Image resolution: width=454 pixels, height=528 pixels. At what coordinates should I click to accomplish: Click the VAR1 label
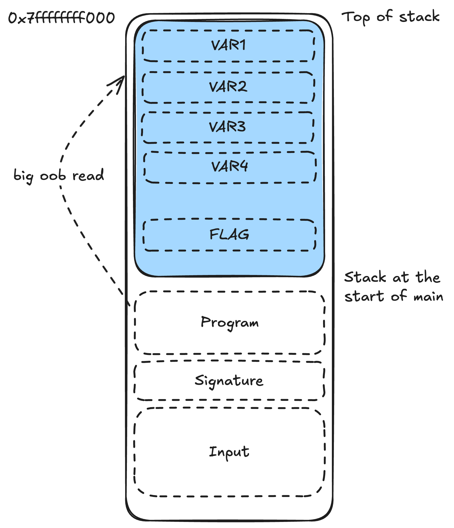[228, 45]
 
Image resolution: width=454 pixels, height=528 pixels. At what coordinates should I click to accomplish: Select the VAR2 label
[228, 87]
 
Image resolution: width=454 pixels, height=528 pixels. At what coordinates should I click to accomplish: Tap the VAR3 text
[227, 127]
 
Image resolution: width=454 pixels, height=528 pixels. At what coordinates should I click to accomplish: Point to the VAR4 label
[229, 167]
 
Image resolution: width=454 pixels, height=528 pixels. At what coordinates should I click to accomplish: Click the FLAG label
[229, 234]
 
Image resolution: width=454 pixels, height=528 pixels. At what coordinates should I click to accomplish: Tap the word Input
[229, 452]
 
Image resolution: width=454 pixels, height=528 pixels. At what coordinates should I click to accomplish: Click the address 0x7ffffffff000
[61, 18]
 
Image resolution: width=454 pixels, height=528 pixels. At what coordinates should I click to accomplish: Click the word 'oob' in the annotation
[53, 175]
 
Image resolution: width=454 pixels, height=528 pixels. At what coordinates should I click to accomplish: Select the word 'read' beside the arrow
[88, 175]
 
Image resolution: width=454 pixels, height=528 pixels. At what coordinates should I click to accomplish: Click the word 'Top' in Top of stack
[356, 17]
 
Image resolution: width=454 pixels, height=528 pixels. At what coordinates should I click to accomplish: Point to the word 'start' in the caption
[364, 296]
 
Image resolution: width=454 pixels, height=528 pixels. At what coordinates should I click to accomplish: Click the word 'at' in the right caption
[401, 277]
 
